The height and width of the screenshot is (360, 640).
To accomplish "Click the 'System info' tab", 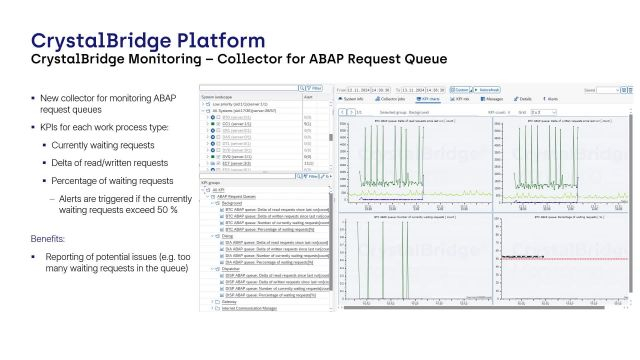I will point(354,100).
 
